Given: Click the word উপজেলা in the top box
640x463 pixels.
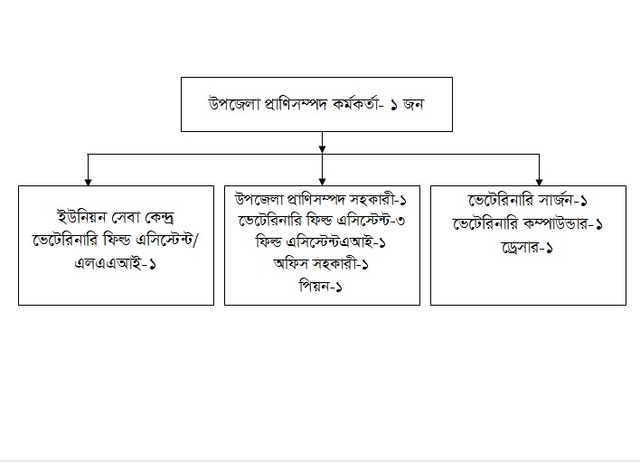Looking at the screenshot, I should coord(231,103).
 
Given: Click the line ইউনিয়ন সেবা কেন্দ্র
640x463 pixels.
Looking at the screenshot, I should coord(117,218).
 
